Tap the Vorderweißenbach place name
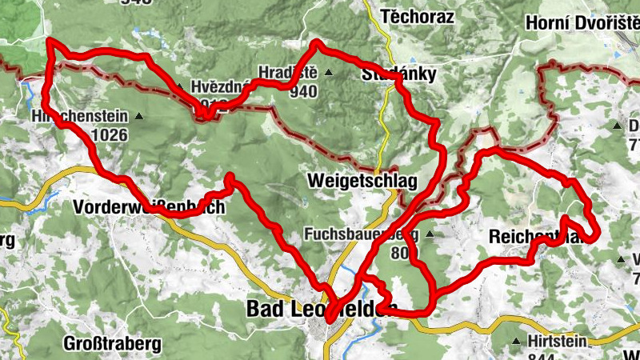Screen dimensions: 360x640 149,207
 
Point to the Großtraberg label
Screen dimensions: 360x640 112,345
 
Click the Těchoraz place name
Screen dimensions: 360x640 418,16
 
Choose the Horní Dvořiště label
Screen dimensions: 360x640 582,23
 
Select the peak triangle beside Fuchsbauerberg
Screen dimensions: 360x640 430,235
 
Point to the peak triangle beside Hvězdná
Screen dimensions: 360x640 181,87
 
